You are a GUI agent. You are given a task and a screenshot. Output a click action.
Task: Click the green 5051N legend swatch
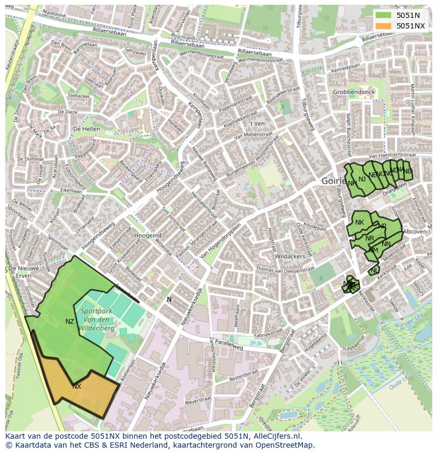(x=383, y=15)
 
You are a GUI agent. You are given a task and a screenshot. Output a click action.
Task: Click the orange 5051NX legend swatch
(x=383, y=26)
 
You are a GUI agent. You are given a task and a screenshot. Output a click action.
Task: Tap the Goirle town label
(x=333, y=181)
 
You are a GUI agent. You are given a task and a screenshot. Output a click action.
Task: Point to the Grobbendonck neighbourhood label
(x=354, y=92)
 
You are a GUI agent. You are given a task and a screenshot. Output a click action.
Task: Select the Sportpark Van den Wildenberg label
(x=97, y=319)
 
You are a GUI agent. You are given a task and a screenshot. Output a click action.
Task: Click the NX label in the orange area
(x=77, y=386)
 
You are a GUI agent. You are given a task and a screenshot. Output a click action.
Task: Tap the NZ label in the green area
(x=70, y=321)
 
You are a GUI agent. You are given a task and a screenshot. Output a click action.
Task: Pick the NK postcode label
(x=359, y=223)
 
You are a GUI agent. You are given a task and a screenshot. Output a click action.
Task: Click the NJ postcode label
(x=362, y=179)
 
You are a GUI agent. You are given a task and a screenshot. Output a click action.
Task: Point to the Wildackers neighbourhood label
(x=290, y=256)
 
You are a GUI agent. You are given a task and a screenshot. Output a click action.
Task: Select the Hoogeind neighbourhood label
(x=148, y=235)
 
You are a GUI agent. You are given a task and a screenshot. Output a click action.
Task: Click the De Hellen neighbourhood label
(x=87, y=129)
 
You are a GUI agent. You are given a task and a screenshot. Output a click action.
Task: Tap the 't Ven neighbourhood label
(x=257, y=123)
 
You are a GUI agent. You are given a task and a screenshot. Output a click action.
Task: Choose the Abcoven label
(x=414, y=231)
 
